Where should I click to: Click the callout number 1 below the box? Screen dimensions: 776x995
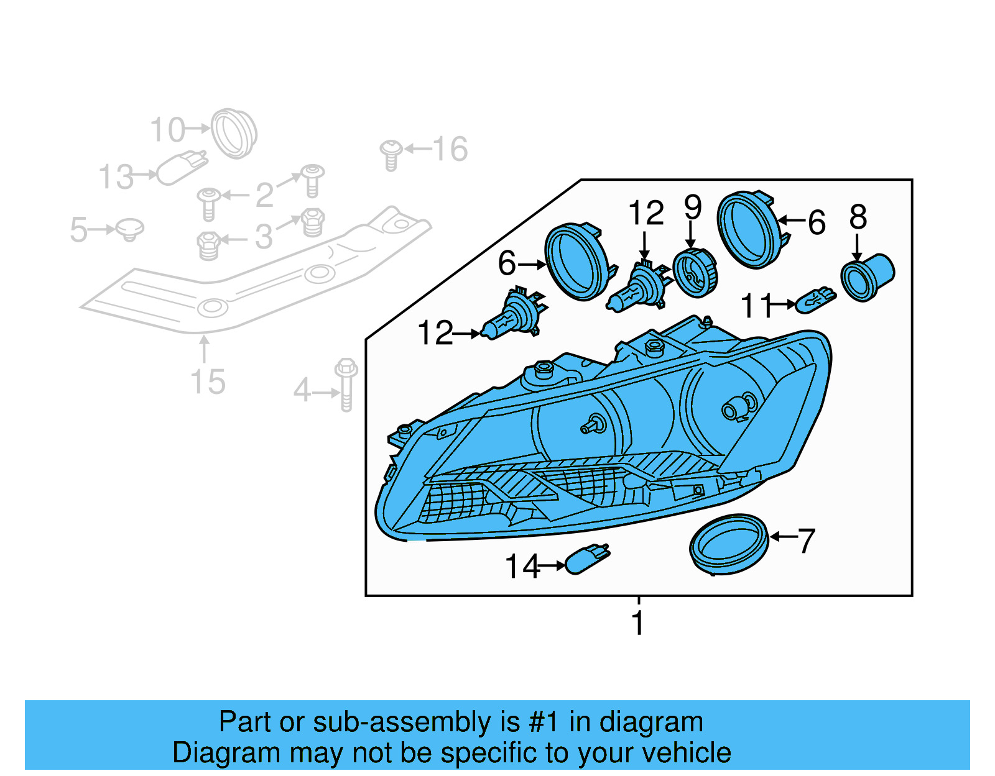638,623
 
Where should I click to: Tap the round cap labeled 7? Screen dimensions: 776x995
729,544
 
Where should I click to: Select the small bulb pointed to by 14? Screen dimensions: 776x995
587,559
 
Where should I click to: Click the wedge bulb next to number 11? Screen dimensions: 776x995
815,301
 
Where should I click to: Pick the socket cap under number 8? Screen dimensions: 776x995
866,278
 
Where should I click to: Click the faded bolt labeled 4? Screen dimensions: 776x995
346,385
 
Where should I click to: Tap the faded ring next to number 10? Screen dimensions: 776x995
234,133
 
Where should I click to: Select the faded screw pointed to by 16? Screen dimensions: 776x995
391,154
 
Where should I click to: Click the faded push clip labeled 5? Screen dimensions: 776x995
130,229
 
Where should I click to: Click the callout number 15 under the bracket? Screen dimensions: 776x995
208,381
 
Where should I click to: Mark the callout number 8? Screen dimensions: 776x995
858,217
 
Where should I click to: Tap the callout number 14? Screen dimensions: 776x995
522,566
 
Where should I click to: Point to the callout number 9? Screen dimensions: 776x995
693,208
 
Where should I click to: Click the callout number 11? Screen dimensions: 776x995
756,306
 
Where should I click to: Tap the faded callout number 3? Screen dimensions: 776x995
264,237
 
